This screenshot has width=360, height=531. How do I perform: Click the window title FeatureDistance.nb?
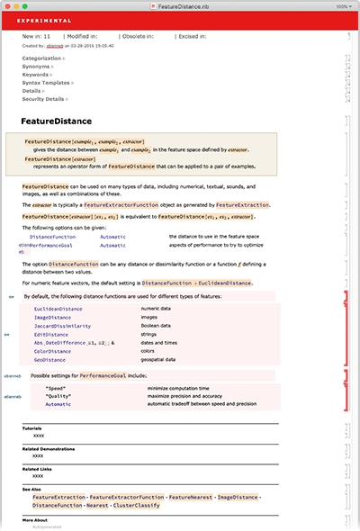point(177,5)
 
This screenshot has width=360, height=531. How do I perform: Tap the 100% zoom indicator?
point(343,5)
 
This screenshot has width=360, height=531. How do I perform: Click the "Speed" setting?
point(55,387)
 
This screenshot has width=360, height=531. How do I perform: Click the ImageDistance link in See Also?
point(231,496)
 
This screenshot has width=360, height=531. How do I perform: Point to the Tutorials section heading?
point(32,427)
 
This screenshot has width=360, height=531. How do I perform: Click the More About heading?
point(35,519)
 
